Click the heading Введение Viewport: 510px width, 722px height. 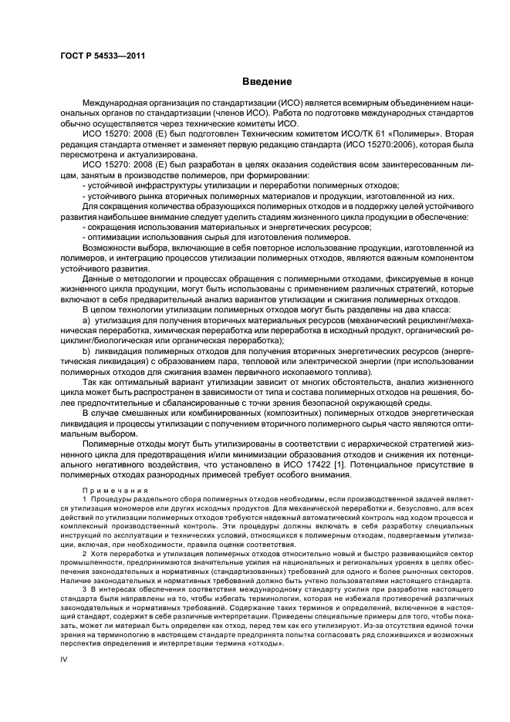pyautogui.click(x=266, y=82)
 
